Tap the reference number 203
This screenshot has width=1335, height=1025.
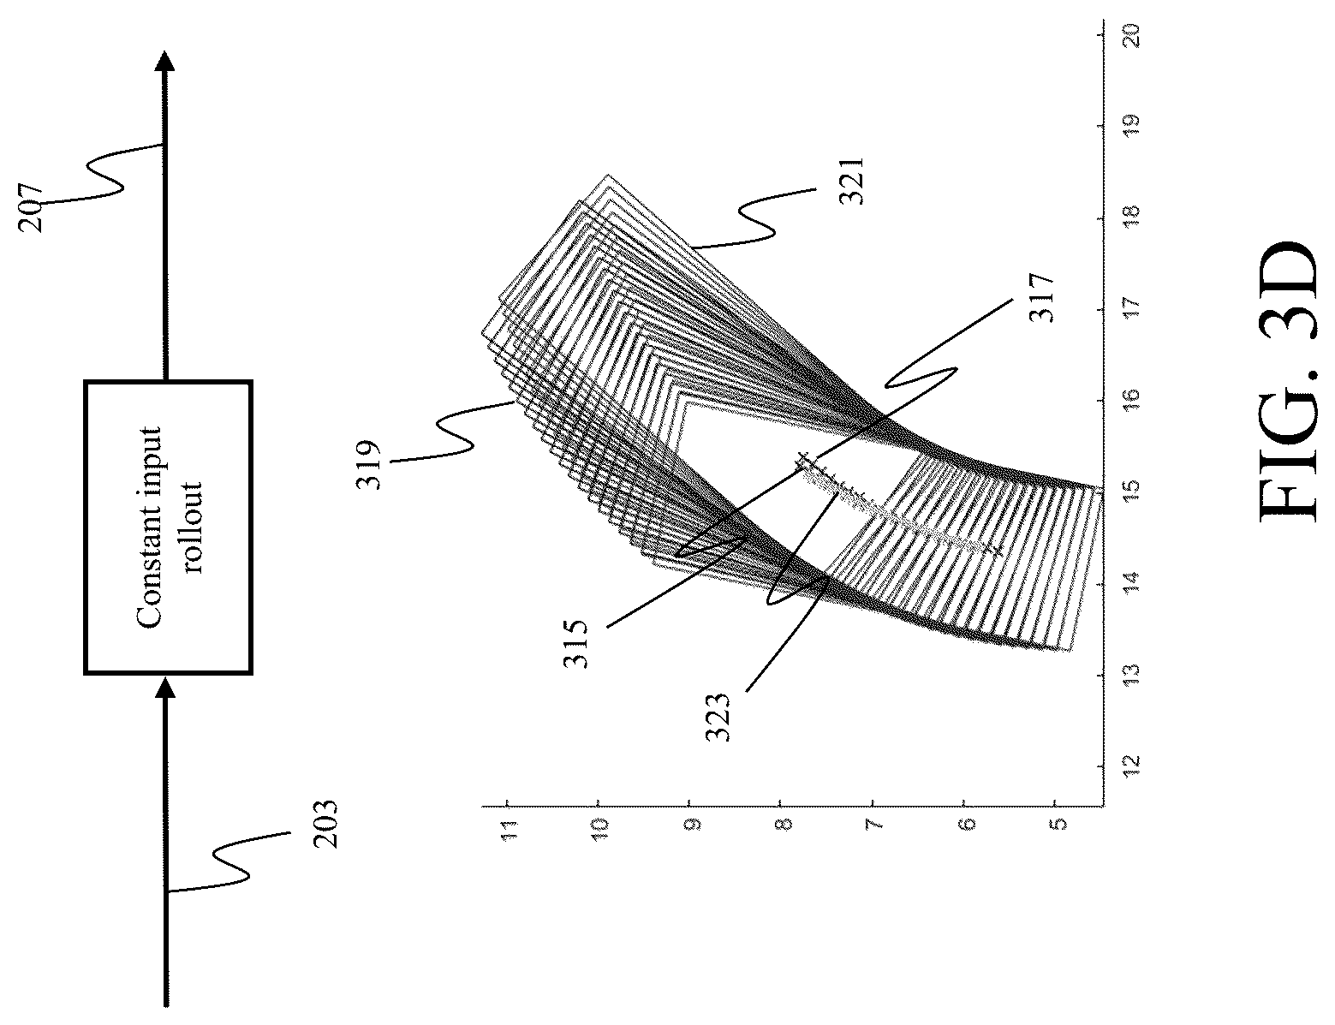pyautogui.click(x=325, y=824)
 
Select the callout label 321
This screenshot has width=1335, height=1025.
pyautogui.click(x=852, y=182)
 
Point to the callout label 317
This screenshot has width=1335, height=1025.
pyautogui.click(x=1042, y=299)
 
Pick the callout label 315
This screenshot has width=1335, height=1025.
pyautogui.click(x=575, y=644)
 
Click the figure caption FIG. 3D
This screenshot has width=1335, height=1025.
pyautogui.click(x=1288, y=380)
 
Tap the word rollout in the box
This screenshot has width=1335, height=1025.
pyautogui.click(x=193, y=527)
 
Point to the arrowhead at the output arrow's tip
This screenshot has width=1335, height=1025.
pyautogui.click(x=164, y=61)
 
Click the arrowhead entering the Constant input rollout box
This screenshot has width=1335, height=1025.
pyautogui.click(x=164, y=688)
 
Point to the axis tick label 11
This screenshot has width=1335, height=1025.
pyautogui.click(x=508, y=831)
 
